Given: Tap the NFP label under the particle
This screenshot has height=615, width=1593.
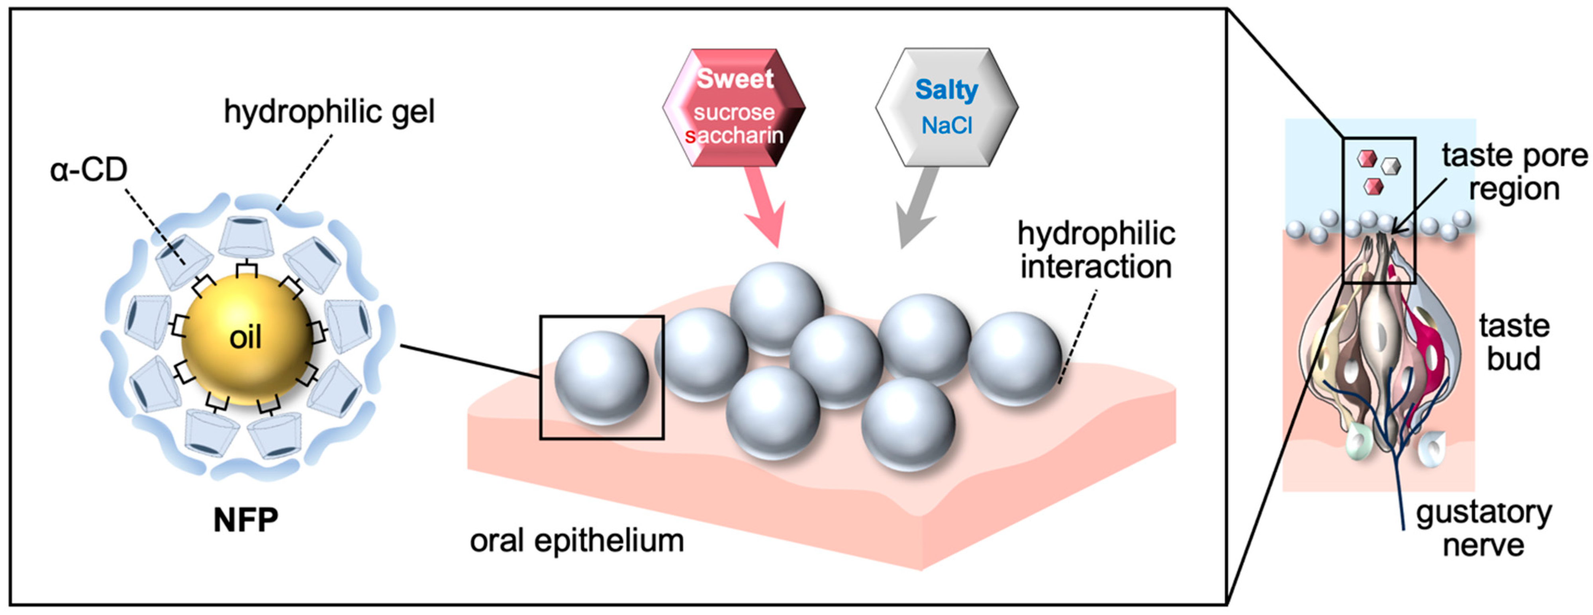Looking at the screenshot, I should (x=245, y=521).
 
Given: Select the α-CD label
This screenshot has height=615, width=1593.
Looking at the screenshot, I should (x=88, y=169).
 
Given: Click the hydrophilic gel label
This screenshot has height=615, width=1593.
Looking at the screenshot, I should (x=329, y=112).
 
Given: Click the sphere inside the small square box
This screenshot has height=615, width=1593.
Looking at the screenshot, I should (x=601, y=378).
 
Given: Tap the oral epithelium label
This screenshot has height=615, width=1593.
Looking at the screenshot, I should (x=576, y=541).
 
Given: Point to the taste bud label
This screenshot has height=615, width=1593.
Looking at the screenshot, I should (x=1514, y=342).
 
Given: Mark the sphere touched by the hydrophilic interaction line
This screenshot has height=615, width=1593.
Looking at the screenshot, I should (x=1014, y=358).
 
